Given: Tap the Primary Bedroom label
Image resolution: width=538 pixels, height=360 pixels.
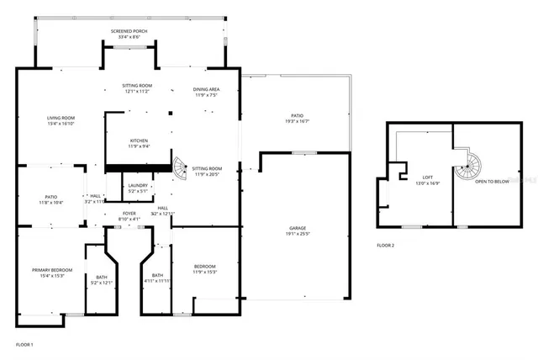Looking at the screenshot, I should (x=52, y=272).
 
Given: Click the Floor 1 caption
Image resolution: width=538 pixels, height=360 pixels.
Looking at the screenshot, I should (x=25, y=345).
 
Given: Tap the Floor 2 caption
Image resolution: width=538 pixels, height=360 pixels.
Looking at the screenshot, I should (x=386, y=245).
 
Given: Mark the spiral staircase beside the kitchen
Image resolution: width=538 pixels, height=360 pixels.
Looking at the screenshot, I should (x=180, y=167).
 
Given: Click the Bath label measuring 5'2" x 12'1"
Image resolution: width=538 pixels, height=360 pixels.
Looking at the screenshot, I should (x=101, y=279).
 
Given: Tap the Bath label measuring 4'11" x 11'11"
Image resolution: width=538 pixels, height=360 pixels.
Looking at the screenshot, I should (x=157, y=278).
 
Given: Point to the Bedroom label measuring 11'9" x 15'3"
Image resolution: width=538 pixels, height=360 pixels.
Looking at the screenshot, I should (x=205, y=270).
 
